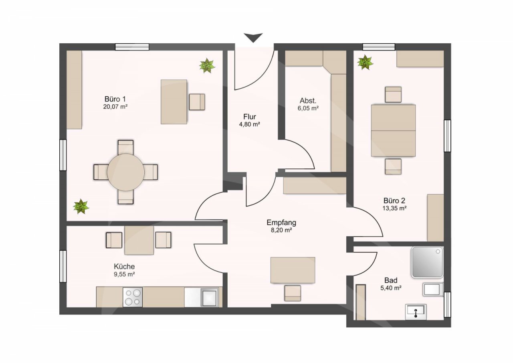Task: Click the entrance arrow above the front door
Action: (x=253, y=38)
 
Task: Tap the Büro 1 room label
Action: (x=115, y=99)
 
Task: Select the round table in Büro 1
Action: (x=126, y=172)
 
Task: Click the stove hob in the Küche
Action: (x=133, y=297)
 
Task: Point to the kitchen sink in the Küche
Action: (x=209, y=297)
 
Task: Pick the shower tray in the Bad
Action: (x=427, y=262)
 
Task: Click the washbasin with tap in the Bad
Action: (x=416, y=312)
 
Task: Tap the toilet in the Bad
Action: (x=433, y=290)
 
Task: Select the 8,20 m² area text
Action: (x=281, y=230)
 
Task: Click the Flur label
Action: (x=250, y=117)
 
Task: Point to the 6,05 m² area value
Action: (x=308, y=108)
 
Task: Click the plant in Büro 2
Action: (x=365, y=62)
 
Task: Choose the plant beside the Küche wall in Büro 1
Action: (x=81, y=207)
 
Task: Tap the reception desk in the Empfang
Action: (x=293, y=270)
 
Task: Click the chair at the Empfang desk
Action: (x=293, y=293)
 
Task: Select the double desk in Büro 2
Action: (x=393, y=131)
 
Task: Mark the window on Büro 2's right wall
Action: (x=448, y=136)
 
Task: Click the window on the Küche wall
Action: (x=63, y=266)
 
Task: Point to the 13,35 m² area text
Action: (x=394, y=208)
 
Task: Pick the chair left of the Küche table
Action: (x=114, y=240)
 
